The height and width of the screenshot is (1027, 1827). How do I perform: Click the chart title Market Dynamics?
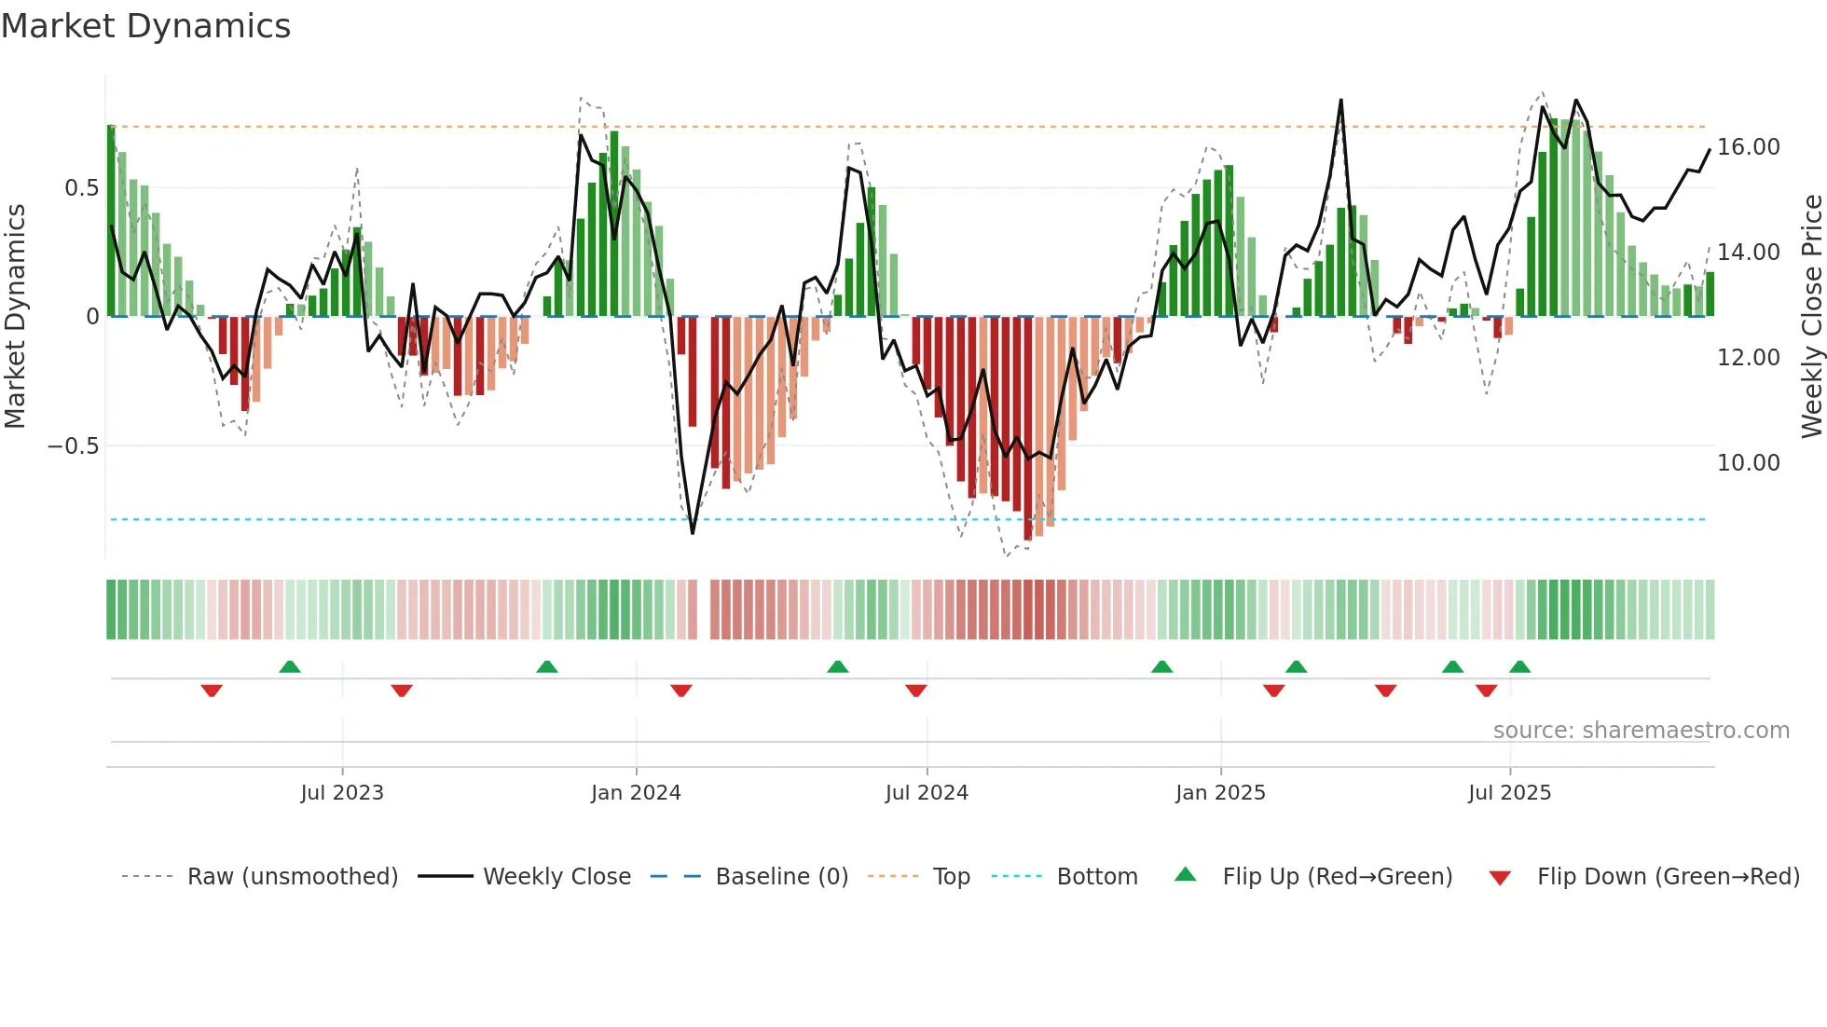tap(145, 26)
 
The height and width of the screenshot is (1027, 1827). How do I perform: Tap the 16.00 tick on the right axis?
tap(1748, 147)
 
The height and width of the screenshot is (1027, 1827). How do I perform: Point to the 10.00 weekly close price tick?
tap(1748, 463)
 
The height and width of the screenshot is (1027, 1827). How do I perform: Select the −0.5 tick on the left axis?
tap(73, 446)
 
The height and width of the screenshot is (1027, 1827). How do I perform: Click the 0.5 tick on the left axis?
tap(81, 188)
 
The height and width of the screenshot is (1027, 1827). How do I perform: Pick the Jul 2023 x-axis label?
tap(342, 793)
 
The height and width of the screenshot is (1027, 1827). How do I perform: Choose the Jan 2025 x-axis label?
tap(1220, 793)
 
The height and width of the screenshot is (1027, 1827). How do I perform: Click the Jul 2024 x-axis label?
tap(927, 793)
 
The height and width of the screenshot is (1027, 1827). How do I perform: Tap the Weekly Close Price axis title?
tap(1811, 317)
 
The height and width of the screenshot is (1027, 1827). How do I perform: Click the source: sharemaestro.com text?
tap(1641, 731)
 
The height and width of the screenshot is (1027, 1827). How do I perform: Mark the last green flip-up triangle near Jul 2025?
tap(1519, 666)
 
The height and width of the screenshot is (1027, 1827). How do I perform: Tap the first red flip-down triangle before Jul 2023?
tap(212, 691)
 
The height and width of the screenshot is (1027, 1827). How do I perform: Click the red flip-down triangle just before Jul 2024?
tap(916, 691)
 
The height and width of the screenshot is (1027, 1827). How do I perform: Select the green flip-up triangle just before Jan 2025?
tap(1161, 666)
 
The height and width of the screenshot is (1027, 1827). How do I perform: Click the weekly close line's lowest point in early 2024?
tap(693, 533)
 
